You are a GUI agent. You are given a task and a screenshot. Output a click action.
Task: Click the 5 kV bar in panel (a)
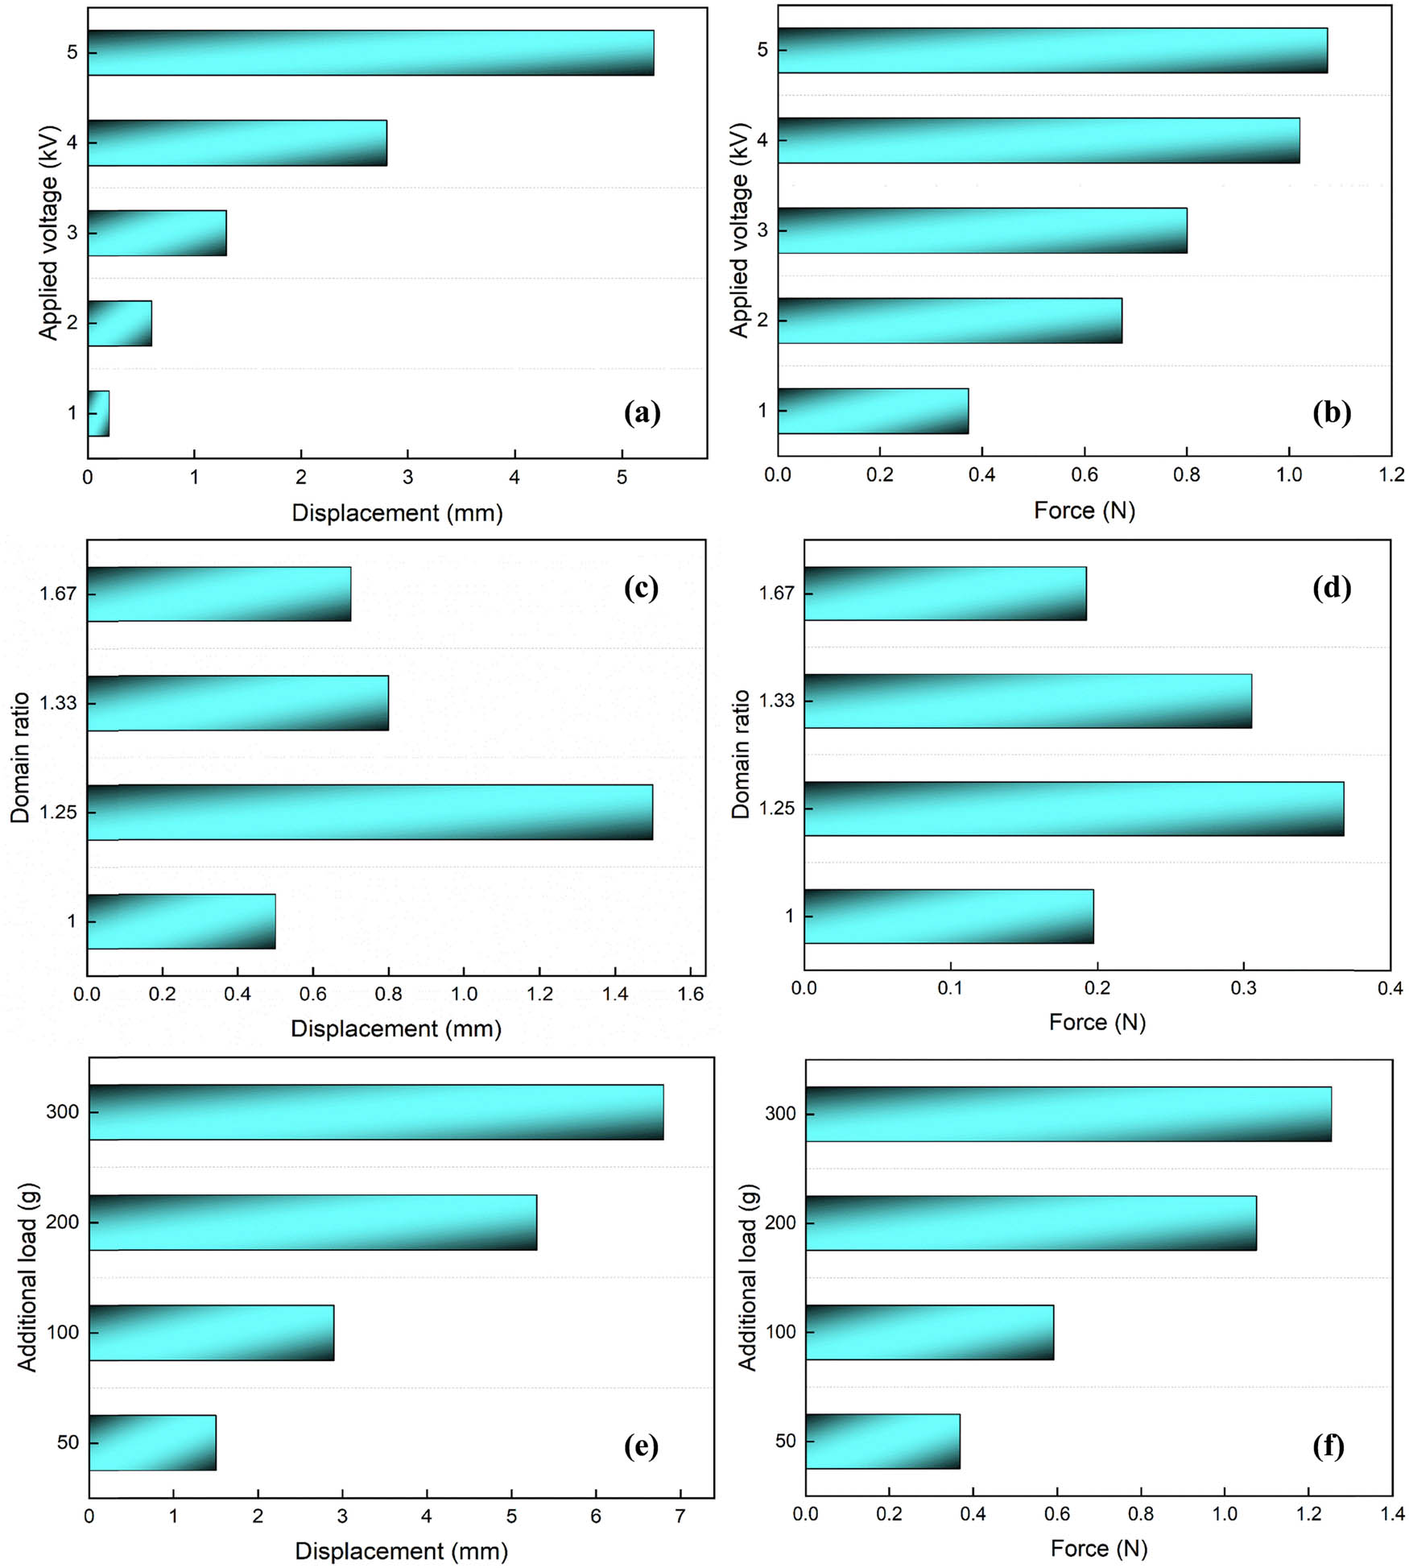tap(370, 53)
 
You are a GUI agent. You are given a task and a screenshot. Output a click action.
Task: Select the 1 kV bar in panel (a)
tap(98, 413)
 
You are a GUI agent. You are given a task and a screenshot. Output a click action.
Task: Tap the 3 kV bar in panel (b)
tap(982, 230)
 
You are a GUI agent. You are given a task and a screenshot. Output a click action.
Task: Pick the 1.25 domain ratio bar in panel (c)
tap(370, 812)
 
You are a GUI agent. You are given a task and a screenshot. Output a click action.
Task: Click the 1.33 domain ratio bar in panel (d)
tap(1027, 701)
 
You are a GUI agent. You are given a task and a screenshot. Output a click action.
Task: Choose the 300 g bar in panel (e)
tap(376, 1112)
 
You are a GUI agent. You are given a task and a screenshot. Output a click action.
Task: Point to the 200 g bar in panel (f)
tap(1031, 1223)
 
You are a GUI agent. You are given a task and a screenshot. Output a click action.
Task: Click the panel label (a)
tap(642, 413)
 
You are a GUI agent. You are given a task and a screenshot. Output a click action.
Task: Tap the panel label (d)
tap(1331, 588)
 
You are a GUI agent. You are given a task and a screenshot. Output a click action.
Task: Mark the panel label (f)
tap(1328, 1446)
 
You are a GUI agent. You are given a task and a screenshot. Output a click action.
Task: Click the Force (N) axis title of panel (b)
tap(1084, 511)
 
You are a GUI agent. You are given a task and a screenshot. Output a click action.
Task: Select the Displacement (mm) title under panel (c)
tap(396, 1028)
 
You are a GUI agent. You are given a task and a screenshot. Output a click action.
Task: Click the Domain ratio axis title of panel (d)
tap(741, 754)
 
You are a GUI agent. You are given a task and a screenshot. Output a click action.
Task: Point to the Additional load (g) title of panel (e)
tap(27, 1277)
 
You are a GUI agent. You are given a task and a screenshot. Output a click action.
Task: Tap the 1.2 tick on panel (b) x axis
tap(1391, 475)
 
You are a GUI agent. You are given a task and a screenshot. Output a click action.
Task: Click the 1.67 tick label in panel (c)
tap(58, 594)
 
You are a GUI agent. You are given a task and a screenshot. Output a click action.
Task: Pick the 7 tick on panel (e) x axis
tap(680, 1516)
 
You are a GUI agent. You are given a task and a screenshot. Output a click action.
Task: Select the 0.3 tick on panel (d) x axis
tap(1244, 988)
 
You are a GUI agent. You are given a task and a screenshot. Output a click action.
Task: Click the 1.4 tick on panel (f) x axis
tap(1392, 1514)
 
